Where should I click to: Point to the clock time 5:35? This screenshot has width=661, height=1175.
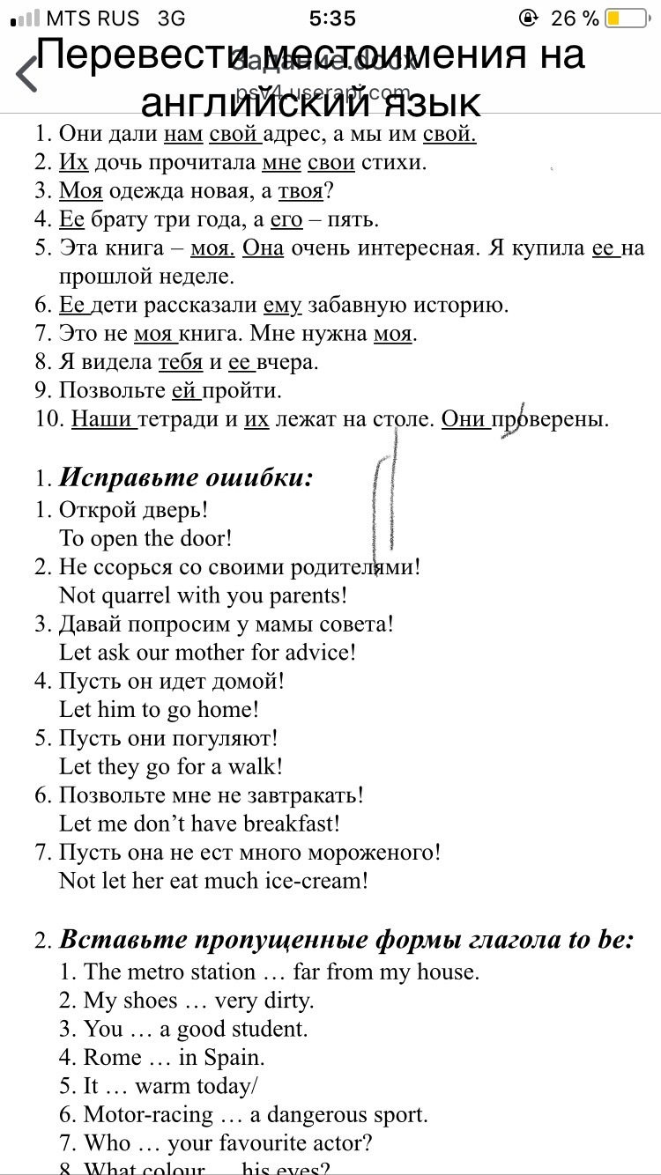pos(333,18)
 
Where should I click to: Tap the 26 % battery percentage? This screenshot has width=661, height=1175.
pos(575,18)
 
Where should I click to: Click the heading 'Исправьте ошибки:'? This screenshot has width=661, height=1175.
pos(186,478)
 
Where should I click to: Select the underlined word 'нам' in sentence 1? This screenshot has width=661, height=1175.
pos(183,134)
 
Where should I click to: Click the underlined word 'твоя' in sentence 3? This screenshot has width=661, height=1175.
pos(301,191)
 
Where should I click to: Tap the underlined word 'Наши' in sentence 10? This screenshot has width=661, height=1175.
pos(104,419)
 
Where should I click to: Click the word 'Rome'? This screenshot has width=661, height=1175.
pos(113,1057)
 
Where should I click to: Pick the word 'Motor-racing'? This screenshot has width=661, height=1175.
pos(148,1114)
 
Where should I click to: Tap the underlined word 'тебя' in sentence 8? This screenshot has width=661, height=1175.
pos(180,362)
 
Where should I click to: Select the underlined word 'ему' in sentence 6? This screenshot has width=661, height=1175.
pos(282,306)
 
